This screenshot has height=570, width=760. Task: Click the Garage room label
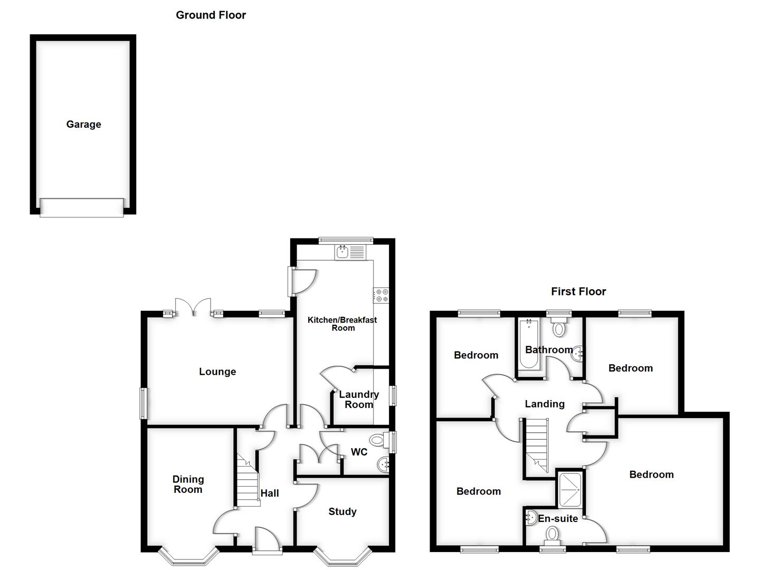click(x=83, y=125)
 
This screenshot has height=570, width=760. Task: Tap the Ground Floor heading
click(x=211, y=15)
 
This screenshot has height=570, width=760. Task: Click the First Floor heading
click(x=578, y=291)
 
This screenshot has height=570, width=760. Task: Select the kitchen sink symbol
click(x=350, y=252)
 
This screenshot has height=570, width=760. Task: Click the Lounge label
click(x=217, y=372)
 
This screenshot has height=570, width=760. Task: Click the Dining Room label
click(x=188, y=484)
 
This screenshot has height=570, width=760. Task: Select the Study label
click(x=342, y=511)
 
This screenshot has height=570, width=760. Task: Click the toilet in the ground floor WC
click(x=377, y=439)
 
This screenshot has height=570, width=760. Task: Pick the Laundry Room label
click(x=359, y=400)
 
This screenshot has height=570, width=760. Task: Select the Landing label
click(x=544, y=404)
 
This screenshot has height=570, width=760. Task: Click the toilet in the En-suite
click(x=552, y=535)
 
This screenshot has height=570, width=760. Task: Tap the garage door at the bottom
click(x=82, y=207)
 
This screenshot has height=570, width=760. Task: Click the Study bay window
click(x=342, y=556)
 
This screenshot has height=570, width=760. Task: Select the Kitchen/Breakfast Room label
click(x=342, y=324)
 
